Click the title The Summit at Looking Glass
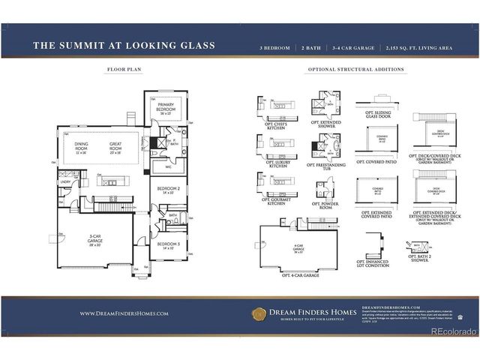click(124, 46)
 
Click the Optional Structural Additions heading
click(356, 70)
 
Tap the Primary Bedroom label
click(166, 106)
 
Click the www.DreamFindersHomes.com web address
click(124, 313)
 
